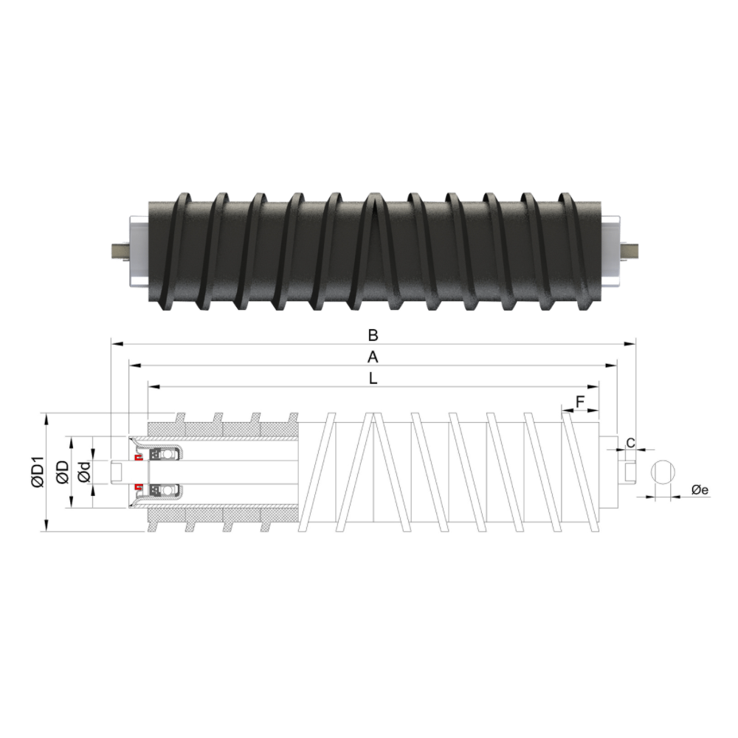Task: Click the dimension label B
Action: tap(373, 335)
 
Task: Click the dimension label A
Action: tap(373, 358)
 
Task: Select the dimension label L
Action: tap(373, 379)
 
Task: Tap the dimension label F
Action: tap(580, 402)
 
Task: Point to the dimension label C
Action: tap(631, 442)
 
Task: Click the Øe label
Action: tap(700, 490)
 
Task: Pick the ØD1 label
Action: tap(37, 472)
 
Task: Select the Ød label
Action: tap(84, 472)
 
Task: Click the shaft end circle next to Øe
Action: tap(663, 472)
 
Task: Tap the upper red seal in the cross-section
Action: tap(139, 458)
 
